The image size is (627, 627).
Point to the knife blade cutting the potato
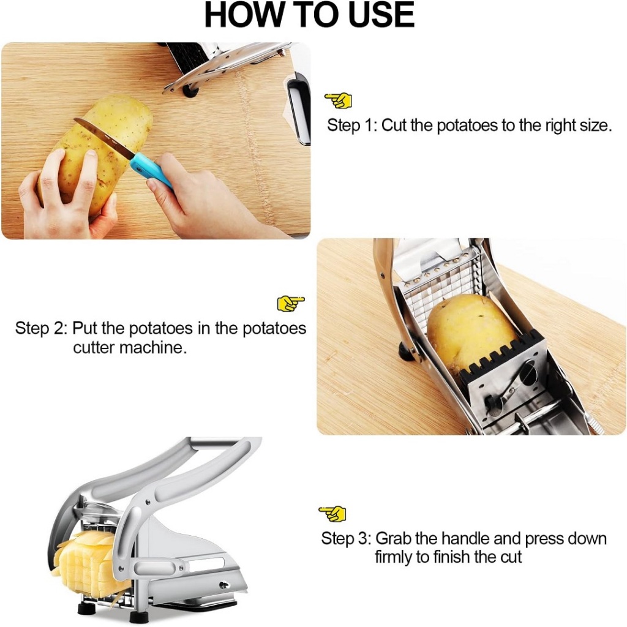105,137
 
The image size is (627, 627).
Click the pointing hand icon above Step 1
338,100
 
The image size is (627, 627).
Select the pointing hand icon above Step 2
291,304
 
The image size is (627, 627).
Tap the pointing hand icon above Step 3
332,514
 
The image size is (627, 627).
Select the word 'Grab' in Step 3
393,539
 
